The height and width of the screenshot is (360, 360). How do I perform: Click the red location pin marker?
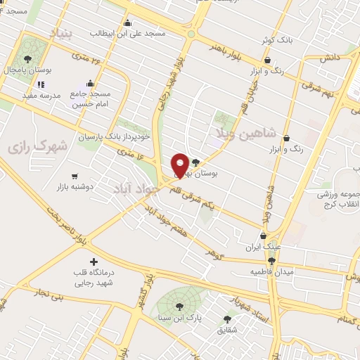tap(180, 165)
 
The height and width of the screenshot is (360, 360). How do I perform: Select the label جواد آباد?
tap(135, 187)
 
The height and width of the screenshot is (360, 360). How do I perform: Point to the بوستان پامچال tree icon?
tap(27, 59)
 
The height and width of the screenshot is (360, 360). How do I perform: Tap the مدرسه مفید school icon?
tap(40, 84)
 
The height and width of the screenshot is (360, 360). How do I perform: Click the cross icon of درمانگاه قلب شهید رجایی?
tap(94, 261)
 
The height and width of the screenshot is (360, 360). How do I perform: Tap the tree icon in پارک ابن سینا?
tap(179, 306)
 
